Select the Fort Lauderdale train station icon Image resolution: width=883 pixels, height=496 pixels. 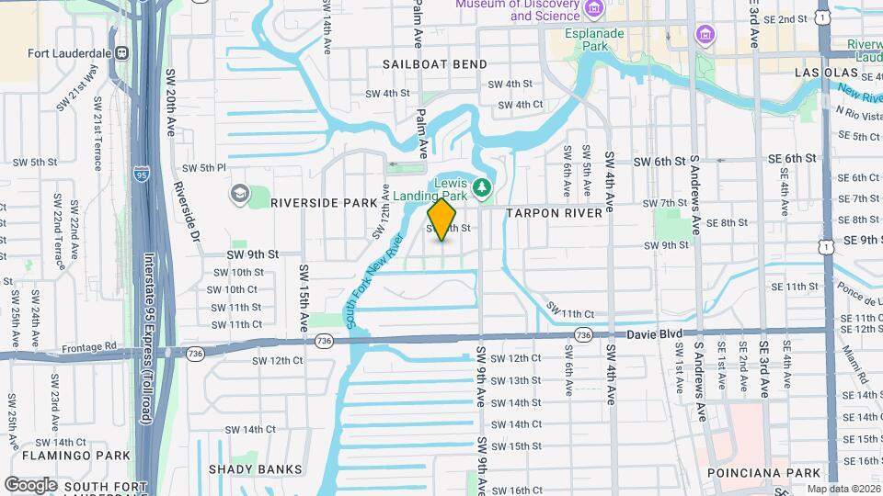pyautogui.click(x=120, y=53)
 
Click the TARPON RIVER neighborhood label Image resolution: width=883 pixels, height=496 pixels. pyautogui.click(x=554, y=213)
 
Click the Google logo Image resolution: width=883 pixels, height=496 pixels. pyautogui.click(x=30, y=485)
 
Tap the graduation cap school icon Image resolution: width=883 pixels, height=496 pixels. pyautogui.click(x=239, y=194)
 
